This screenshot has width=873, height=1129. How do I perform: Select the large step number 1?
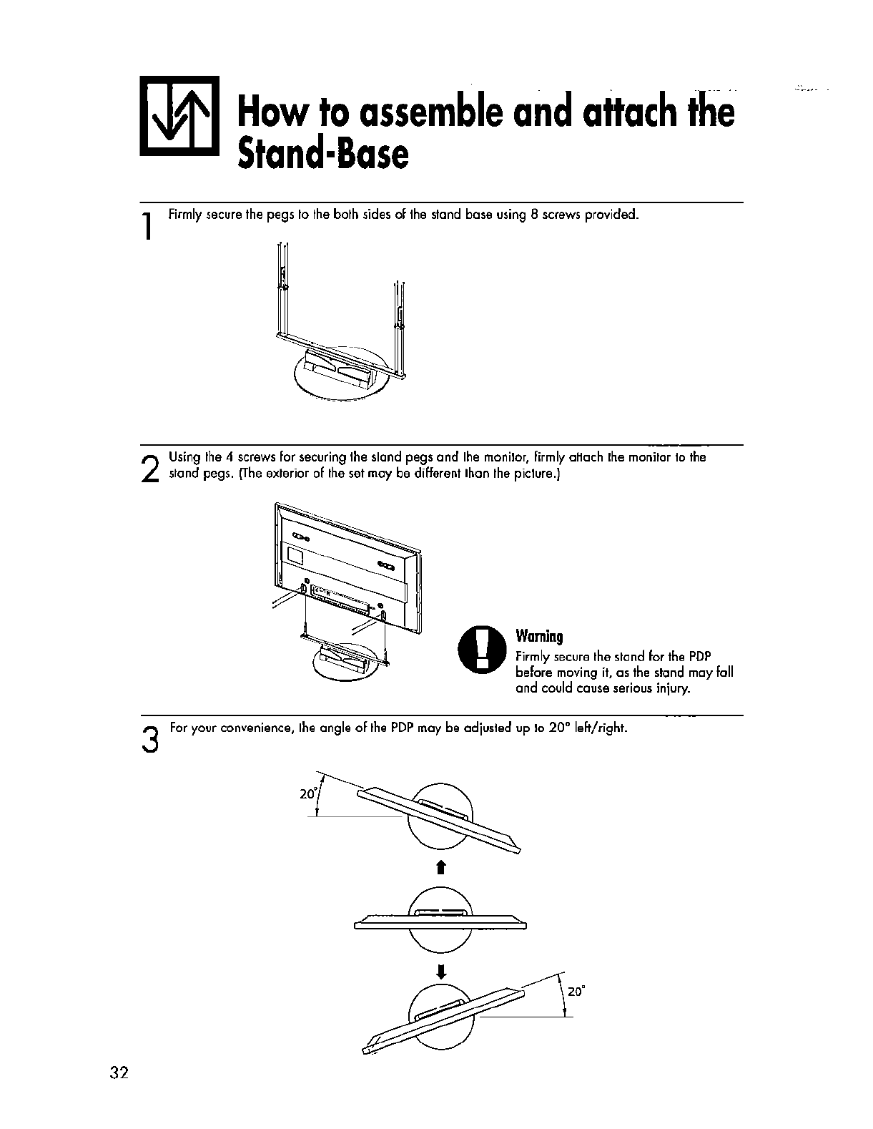(146, 227)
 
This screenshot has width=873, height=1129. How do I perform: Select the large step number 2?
(149, 469)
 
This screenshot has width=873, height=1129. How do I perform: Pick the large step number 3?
(149, 738)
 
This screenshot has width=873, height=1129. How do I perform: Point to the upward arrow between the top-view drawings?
(441, 868)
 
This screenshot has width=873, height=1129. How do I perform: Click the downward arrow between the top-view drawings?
(441, 971)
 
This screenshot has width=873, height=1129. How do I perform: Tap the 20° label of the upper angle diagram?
(308, 794)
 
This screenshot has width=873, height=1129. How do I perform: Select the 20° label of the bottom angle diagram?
(576, 992)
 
